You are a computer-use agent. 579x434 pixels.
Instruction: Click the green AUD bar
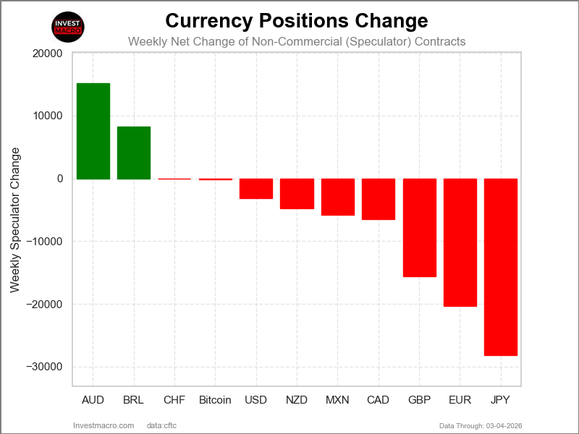(x=93, y=131)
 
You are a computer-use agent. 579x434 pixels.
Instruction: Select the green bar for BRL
(x=134, y=153)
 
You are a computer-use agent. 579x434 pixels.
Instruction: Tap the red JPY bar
(x=501, y=267)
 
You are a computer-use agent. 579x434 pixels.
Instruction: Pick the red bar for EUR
(x=460, y=242)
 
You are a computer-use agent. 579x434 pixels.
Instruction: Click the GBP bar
(x=420, y=228)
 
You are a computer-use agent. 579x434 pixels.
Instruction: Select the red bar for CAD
(x=379, y=199)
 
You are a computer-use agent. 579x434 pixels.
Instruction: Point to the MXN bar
(x=338, y=197)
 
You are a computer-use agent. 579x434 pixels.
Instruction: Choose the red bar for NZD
(x=297, y=194)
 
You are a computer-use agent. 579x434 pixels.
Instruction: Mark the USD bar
(x=256, y=189)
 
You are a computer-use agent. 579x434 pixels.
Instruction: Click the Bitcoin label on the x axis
(x=215, y=400)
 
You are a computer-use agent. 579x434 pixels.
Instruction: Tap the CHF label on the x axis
(x=174, y=400)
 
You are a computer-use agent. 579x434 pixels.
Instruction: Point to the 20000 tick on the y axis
(x=48, y=54)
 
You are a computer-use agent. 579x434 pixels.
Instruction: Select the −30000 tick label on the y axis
(x=45, y=367)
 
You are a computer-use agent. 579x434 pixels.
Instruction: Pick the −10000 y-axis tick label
(x=45, y=242)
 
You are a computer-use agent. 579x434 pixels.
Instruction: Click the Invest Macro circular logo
(x=69, y=27)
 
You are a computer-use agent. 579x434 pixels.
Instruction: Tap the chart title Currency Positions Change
(x=297, y=20)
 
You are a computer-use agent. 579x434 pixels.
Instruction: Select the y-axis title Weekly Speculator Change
(x=15, y=220)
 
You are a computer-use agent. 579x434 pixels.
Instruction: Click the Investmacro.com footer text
(x=104, y=425)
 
